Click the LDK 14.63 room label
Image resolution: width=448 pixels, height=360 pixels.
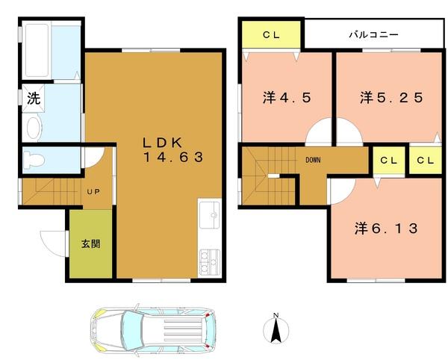tap(172, 150)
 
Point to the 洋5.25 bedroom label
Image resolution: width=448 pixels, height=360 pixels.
tap(391, 97)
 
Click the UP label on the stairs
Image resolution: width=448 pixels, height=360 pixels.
tap(93, 192)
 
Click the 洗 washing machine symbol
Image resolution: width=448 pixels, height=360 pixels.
tap(34, 97)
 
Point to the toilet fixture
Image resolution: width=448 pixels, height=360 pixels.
tap(34, 159)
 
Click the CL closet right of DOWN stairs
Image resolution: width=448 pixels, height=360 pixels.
tap(388, 160)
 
